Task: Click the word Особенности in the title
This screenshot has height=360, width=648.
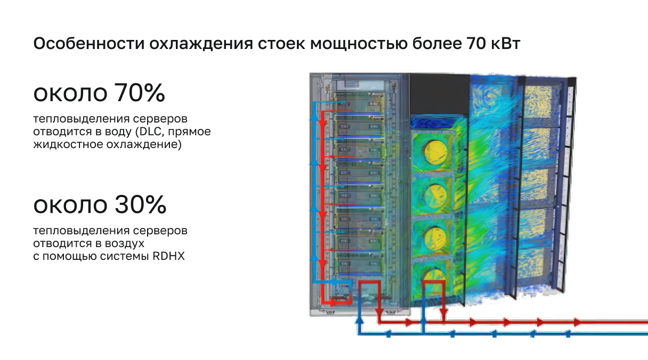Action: click(x=89, y=44)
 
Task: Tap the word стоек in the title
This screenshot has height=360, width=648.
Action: click(x=281, y=44)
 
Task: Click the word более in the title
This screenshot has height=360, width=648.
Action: click(x=436, y=44)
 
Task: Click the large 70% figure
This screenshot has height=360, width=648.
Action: click(x=140, y=93)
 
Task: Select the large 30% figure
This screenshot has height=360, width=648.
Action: click(x=140, y=204)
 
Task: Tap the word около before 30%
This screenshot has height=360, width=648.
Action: click(x=70, y=206)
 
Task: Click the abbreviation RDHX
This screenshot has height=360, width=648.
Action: click(x=168, y=256)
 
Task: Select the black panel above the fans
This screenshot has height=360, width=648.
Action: click(x=440, y=94)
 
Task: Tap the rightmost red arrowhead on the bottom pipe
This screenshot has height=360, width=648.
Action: click(x=577, y=322)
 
